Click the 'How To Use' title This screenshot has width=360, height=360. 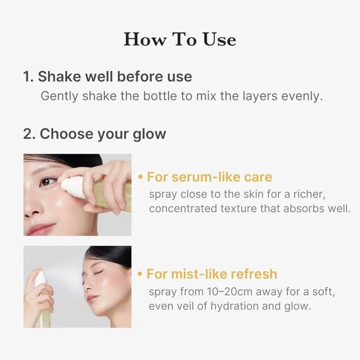[180, 40]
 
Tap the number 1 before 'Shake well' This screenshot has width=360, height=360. [27, 76]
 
